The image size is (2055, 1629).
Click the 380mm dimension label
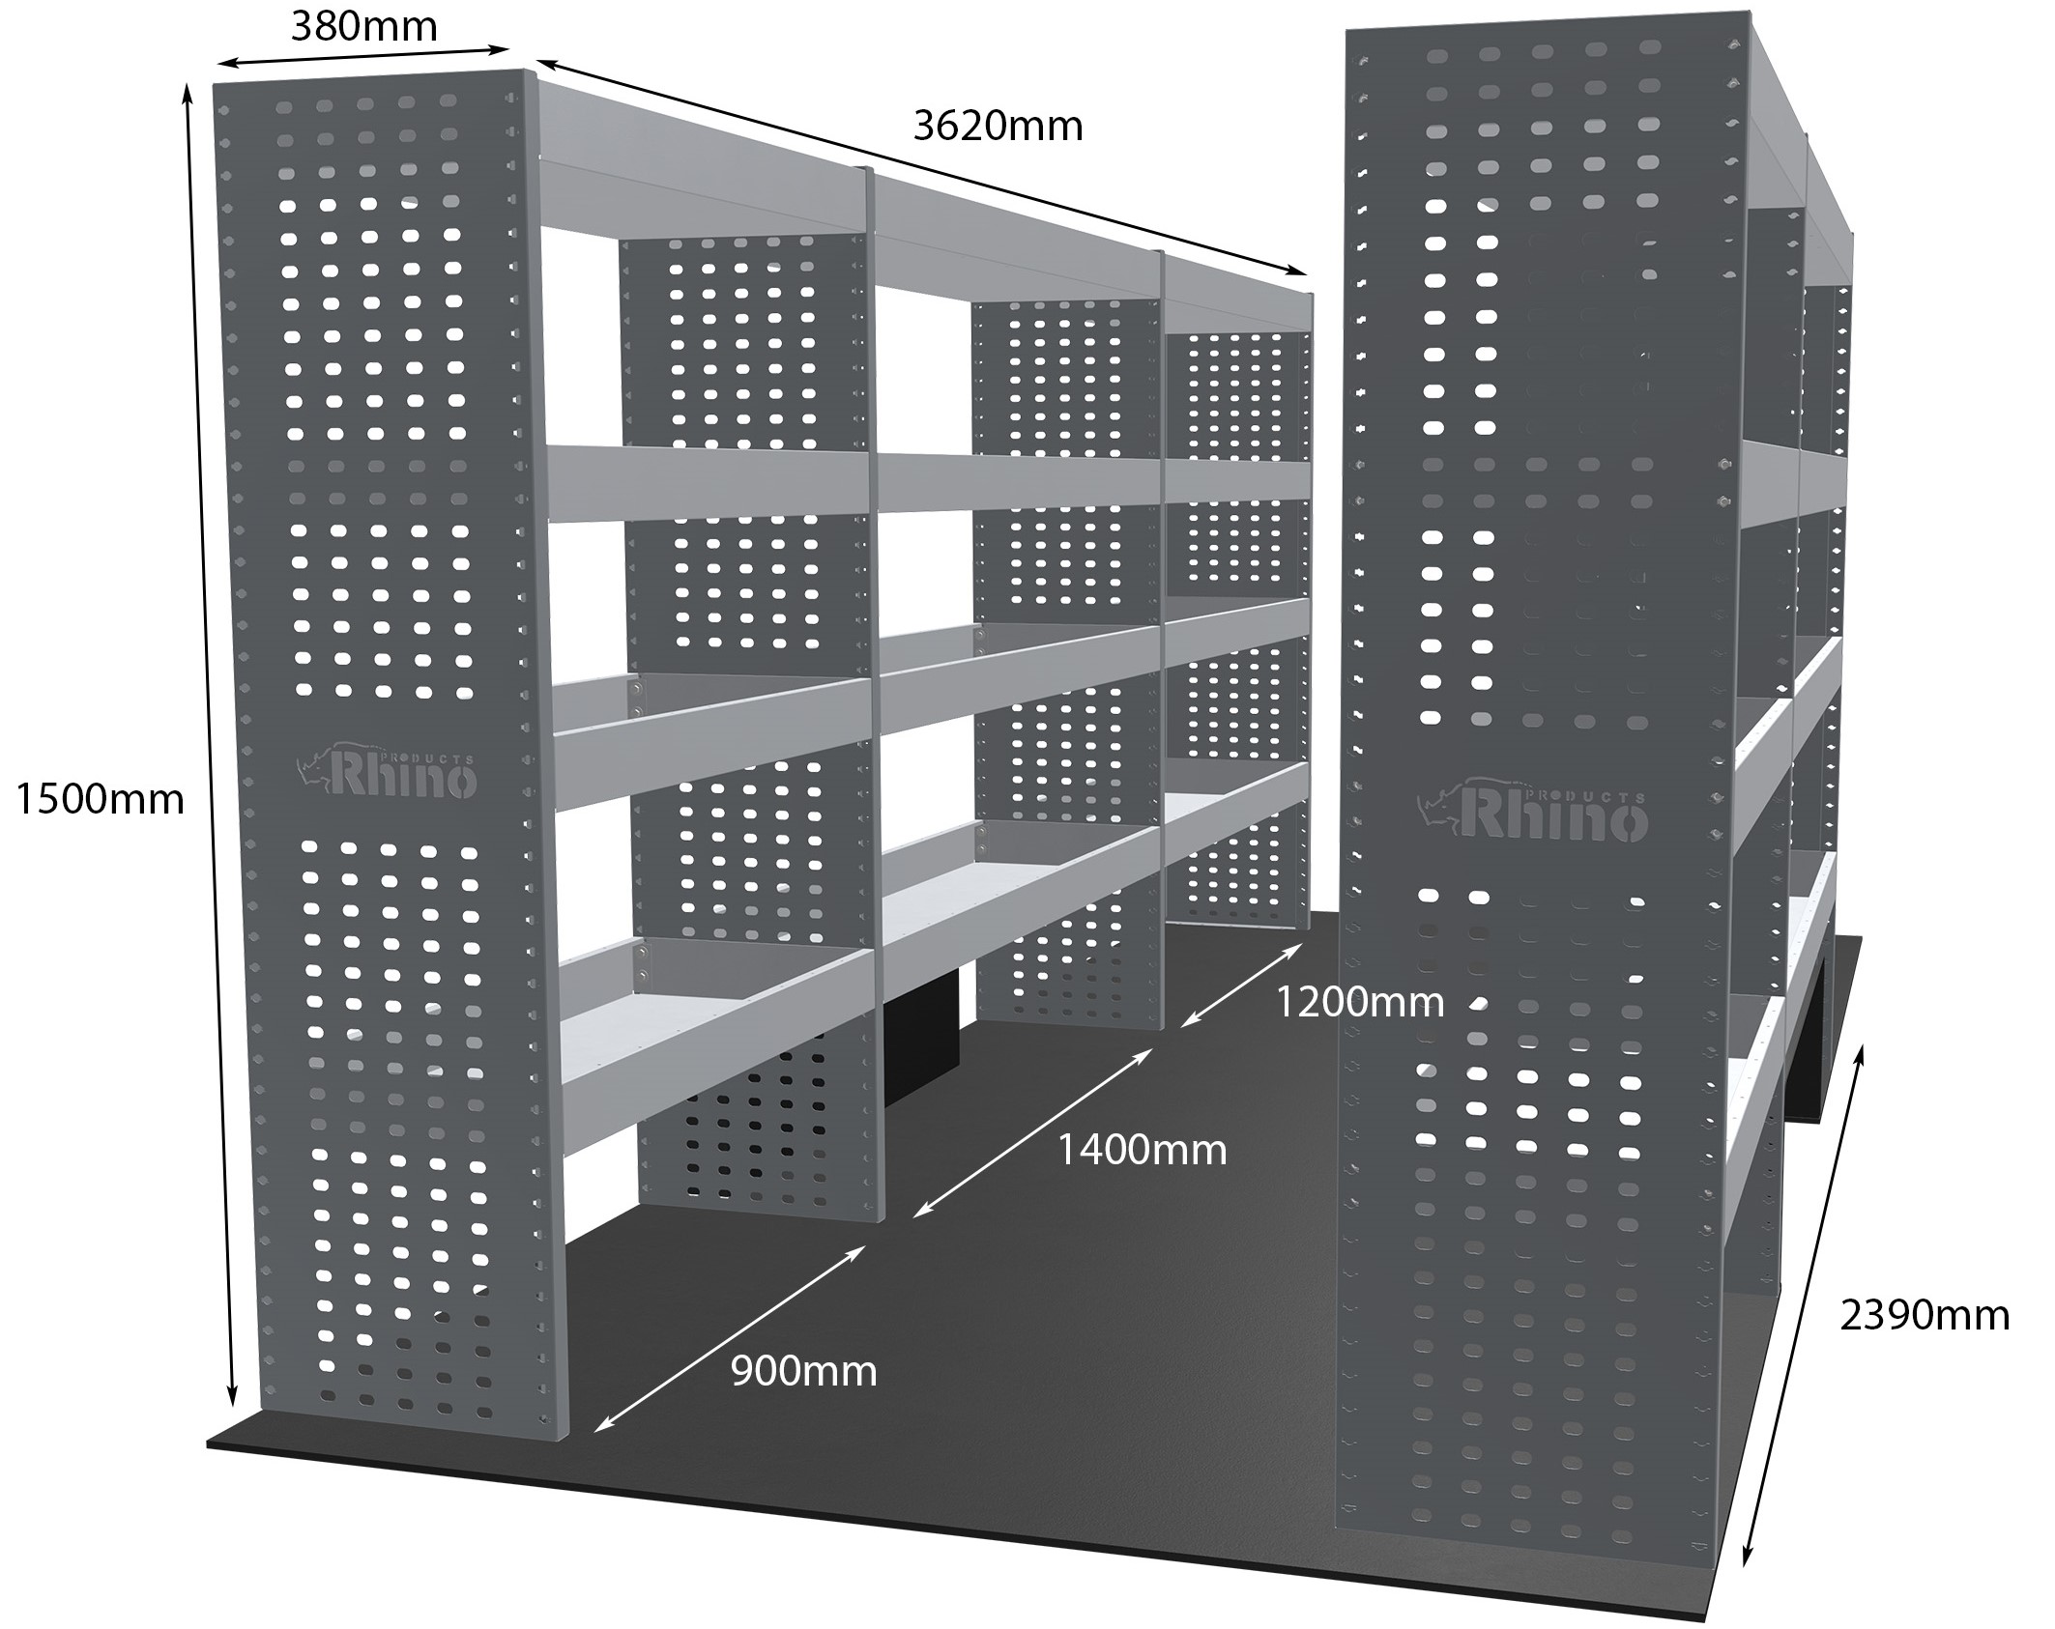(x=363, y=26)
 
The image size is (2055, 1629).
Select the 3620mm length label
(x=997, y=127)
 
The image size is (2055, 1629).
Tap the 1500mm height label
(x=100, y=799)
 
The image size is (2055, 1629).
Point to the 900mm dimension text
(x=802, y=1371)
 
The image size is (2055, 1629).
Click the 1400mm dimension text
(x=1141, y=1150)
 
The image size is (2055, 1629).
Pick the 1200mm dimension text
(x=1359, y=1002)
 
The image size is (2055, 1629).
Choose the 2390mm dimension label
(x=1924, y=1315)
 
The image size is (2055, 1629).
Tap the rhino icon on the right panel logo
(x=1441, y=810)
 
